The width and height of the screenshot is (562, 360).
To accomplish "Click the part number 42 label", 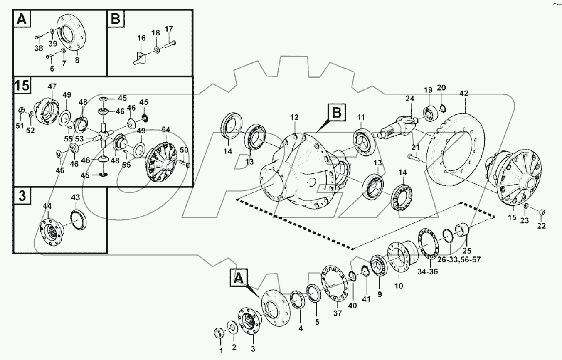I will point(463,94).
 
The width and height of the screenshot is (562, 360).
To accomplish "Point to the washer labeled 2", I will point(232,326).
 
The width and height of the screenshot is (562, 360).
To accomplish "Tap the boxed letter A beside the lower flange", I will point(239,278).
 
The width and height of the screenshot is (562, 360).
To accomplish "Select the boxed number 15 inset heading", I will point(22,86).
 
